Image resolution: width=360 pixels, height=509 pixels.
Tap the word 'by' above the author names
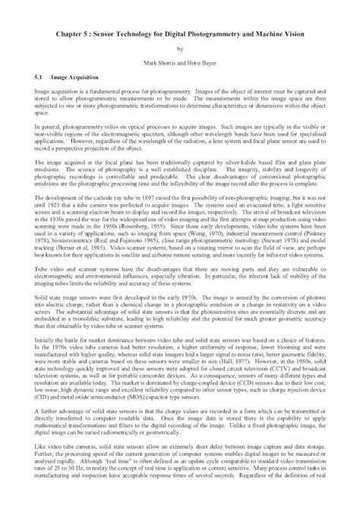pos(180,54)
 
